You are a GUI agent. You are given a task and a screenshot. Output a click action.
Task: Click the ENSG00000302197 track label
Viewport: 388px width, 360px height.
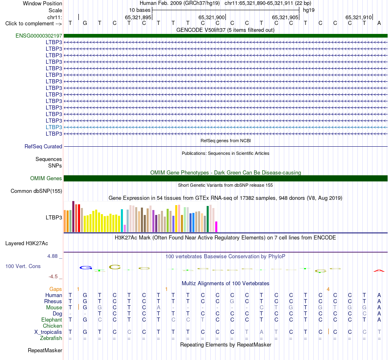point(39,36)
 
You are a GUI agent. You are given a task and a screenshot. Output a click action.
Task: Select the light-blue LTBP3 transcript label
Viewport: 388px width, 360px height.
point(54,127)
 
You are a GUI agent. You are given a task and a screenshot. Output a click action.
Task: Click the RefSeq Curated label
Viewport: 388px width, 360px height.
point(43,146)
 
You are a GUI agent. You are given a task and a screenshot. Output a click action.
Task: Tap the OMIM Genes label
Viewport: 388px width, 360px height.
point(46,178)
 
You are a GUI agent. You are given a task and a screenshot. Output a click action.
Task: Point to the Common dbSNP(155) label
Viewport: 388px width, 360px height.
point(36,191)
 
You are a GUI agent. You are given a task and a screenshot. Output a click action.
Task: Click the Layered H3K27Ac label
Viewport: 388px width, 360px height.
point(27,244)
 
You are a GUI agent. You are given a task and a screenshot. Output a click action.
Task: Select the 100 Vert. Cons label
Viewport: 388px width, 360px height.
point(23,266)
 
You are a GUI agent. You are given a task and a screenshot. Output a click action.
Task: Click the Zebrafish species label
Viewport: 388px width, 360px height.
point(51,338)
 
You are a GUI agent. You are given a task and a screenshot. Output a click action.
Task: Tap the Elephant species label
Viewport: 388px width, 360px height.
point(51,320)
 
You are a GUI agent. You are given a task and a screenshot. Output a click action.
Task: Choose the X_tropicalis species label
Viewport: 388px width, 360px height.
point(48,332)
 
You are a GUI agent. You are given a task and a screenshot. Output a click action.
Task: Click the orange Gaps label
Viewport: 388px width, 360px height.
point(56,289)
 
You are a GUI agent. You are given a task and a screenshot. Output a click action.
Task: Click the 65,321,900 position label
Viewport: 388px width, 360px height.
point(212,17)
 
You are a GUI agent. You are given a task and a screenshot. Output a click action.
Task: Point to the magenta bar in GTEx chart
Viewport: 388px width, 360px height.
point(216,227)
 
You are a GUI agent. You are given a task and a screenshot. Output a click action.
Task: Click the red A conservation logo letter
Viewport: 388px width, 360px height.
point(379,271)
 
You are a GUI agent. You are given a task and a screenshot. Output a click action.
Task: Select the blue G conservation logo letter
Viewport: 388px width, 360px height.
point(86,268)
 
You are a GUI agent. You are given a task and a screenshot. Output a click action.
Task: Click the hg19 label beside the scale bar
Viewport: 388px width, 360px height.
point(309,10)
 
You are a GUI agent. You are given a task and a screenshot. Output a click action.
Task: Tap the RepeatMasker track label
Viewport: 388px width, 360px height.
point(45,350)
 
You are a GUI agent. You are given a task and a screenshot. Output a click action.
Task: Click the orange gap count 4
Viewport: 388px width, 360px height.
point(328,289)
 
